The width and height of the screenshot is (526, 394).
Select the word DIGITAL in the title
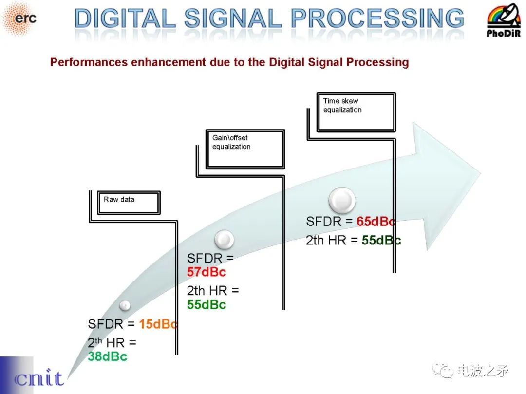pyautogui.click(x=125, y=18)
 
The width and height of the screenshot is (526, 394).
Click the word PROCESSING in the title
pyautogui.click(x=377, y=18)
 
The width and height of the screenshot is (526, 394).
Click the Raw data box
pyautogui.click(x=129, y=203)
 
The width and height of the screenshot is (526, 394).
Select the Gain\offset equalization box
pyautogui.click(x=245, y=149)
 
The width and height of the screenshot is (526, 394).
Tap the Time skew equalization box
pyautogui.click(x=356, y=112)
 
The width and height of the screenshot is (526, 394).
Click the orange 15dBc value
pyautogui.click(x=158, y=324)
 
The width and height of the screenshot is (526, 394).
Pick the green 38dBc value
pyautogui.click(x=108, y=356)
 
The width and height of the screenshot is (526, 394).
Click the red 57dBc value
pyautogui.click(x=207, y=272)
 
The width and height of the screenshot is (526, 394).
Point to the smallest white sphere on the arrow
pyautogui.click(x=125, y=305)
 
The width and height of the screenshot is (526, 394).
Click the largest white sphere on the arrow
pyautogui.click(x=342, y=201)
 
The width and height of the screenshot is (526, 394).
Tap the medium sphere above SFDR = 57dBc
pyautogui.click(x=224, y=240)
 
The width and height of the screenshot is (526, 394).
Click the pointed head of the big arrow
pyautogui.click(x=480, y=174)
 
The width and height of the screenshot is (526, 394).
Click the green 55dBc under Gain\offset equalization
pyautogui.click(x=207, y=304)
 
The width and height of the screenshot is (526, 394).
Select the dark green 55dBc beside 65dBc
pyautogui.click(x=381, y=241)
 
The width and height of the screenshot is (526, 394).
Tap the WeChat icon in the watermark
pyautogui.click(x=443, y=371)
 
